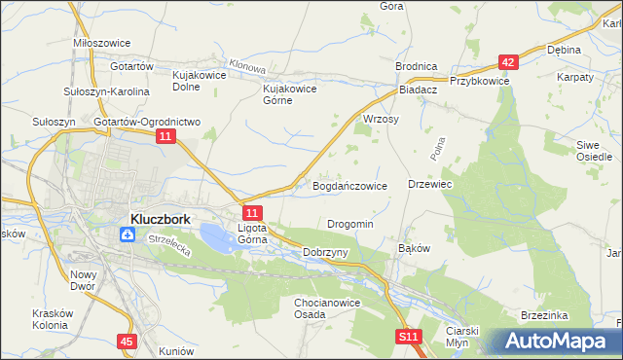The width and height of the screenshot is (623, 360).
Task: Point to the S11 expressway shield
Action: pos(409,337)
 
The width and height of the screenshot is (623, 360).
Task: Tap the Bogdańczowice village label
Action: pos(349,185)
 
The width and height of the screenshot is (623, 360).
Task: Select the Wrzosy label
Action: pos(381,119)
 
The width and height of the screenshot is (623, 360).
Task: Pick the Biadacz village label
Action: pos(419,88)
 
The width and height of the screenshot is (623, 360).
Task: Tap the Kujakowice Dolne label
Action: pos(199,80)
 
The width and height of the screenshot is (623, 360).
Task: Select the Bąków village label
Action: pos(414,248)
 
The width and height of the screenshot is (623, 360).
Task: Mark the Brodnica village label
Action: pos(416,65)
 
